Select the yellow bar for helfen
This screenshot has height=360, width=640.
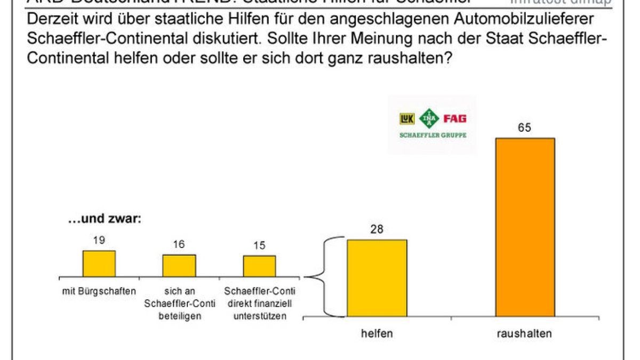point(377,278)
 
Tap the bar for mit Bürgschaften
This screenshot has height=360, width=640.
point(99,263)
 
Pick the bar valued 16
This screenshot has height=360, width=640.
point(179,265)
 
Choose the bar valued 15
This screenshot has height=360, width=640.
point(260,266)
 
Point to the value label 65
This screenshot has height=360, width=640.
point(525,129)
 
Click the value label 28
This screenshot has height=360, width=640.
point(377,230)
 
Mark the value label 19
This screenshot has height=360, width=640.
point(99,241)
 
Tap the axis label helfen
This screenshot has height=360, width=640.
point(377,334)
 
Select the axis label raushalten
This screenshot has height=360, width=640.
point(525,334)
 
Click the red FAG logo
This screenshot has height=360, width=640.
point(455,118)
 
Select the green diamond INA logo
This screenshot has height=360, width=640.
point(429,118)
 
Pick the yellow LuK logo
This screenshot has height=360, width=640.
point(407,119)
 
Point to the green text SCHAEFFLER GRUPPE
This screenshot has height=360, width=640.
point(433,135)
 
